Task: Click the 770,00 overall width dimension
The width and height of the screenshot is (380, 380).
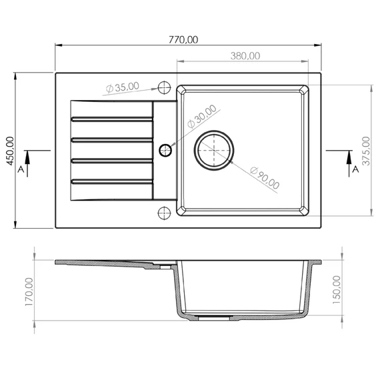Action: click(x=183, y=40)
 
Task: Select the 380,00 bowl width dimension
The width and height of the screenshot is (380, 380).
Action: click(x=245, y=56)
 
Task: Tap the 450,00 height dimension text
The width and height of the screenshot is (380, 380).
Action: click(x=10, y=151)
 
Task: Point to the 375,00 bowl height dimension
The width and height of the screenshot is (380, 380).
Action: click(x=366, y=151)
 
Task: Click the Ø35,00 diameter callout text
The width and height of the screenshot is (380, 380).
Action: click(x=123, y=87)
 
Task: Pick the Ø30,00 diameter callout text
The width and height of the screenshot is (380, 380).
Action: click(x=202, y=116)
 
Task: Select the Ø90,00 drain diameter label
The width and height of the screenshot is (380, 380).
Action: click(x=265, y=178)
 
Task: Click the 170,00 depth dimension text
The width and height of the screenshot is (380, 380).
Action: click(x=29, y=292)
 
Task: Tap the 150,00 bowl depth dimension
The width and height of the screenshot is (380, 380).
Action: click(x=337, y=290)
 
